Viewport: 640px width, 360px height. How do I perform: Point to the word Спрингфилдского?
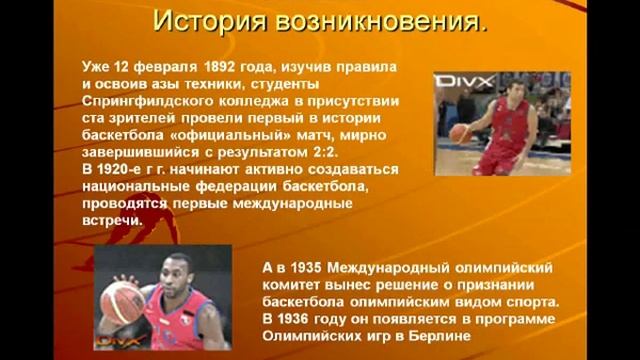tap(146, 100)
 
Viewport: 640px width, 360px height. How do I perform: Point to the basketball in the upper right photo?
tap(460, 132)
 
